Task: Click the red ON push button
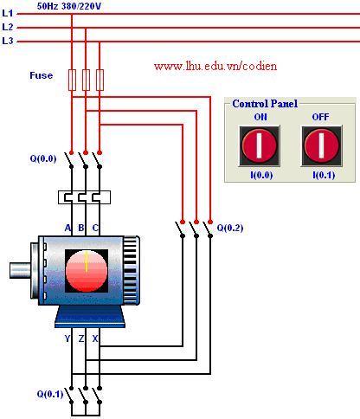260,145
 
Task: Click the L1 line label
8,13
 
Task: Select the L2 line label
8,27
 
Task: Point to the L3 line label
8,41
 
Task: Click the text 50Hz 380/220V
69,6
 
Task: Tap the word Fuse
42,75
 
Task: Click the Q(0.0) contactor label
43,158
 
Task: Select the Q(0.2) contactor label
230,228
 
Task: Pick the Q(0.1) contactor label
50,394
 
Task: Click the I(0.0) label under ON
261,175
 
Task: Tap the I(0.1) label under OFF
324,175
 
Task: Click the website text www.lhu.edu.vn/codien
215,67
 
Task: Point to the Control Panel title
265,104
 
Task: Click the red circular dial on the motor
87,271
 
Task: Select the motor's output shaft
20,270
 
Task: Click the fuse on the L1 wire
72,80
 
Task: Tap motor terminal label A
67,228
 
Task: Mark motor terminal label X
95,338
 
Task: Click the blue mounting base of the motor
90,317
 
